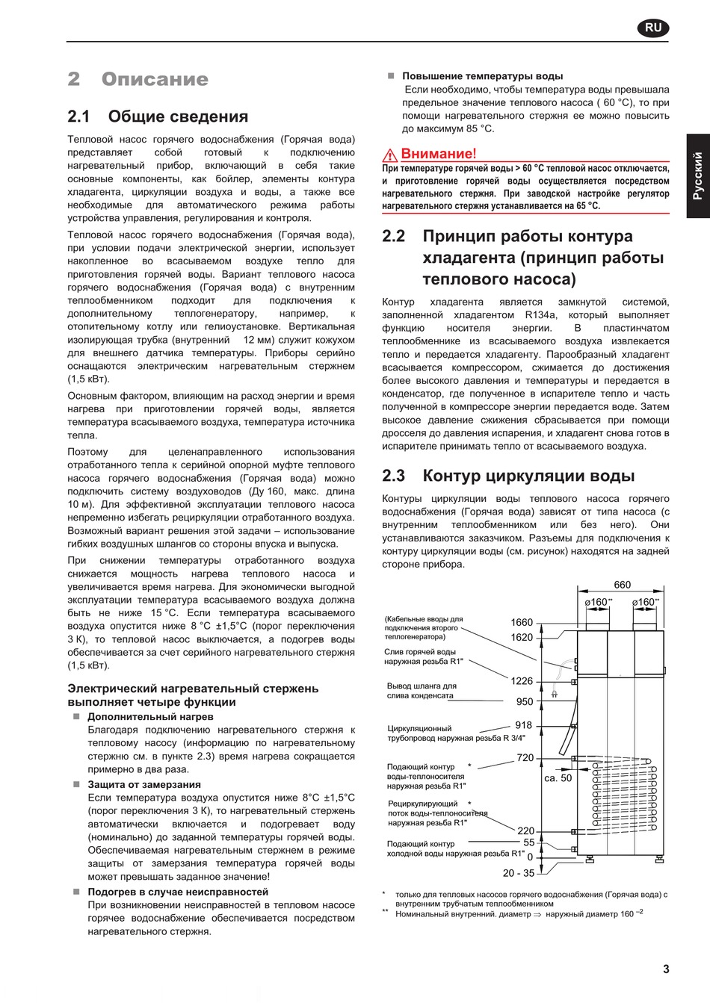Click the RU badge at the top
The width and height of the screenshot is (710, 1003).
point(653,28)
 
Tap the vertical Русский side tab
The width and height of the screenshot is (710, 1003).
point(698,176)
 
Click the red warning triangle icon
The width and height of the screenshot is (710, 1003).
point(390,155)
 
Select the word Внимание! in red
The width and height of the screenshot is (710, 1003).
point(438,154)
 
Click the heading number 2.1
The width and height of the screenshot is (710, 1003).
point(78,117)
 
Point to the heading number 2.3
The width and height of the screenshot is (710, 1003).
point(393,476)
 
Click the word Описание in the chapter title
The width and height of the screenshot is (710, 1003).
point(155,79)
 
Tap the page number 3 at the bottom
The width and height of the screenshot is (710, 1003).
point(666,969)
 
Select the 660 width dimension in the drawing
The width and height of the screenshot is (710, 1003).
point(622,585)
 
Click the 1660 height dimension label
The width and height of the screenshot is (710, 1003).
point(522,622)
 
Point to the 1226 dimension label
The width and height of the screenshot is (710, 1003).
point(522,681)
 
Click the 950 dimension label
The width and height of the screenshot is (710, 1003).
point(525,702)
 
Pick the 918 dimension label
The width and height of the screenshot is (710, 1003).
point(524,725)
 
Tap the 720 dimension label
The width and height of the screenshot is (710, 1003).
point(525,758)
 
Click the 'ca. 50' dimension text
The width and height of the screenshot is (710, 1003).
point(558,778)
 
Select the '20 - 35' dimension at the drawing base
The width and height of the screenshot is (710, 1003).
point(519,873)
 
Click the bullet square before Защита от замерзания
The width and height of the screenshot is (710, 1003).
point(76,784)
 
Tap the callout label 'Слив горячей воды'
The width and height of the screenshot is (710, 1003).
point(420,652)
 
